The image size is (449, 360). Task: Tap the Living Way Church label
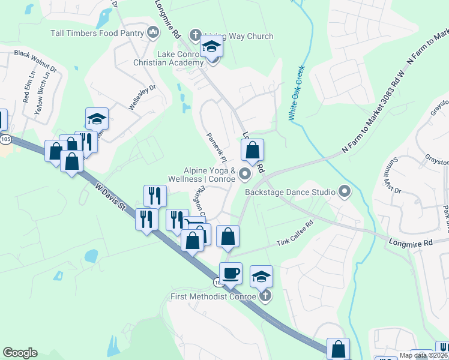(240, 36)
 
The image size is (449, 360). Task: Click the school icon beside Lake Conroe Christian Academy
(211, 47)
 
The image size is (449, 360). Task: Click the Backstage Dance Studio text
(290, 192)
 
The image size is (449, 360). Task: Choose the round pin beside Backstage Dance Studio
(345, 192)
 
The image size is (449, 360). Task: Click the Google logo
(20, 353)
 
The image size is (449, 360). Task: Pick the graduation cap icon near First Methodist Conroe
(261, 277)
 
